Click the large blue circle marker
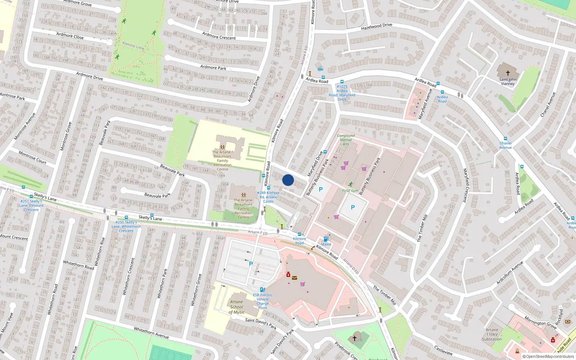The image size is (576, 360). click(x=288, y=180)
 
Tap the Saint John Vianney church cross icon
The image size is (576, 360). click(x=508, y=73)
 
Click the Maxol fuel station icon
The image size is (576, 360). click(x=326, y=239)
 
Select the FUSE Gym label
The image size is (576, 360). click(x=350, y=190)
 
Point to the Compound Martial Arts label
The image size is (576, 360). click(x=346, y=140)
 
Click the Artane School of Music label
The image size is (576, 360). click(x=237, y=307)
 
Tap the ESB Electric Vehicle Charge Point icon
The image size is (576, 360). click(x=262, y=289)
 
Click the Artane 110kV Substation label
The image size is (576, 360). click(x=492, y=334)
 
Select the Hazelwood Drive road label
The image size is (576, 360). click(x=377, y=27)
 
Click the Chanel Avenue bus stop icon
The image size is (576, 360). click(x=505, y=139)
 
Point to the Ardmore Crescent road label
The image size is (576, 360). click(x=219, y=36)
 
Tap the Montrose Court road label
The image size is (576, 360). click(x=32, y=157)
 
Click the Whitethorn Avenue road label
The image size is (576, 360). click(x=151, y=333)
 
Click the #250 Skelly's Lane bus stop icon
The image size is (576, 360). click(x=126, y=217)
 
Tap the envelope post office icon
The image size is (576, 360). click(x=294, y=278)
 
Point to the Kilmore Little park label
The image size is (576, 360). click(x=133, y=45)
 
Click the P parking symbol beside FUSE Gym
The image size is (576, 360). click(x=353, y=207)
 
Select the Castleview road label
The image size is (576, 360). click(x=444, y=350)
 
